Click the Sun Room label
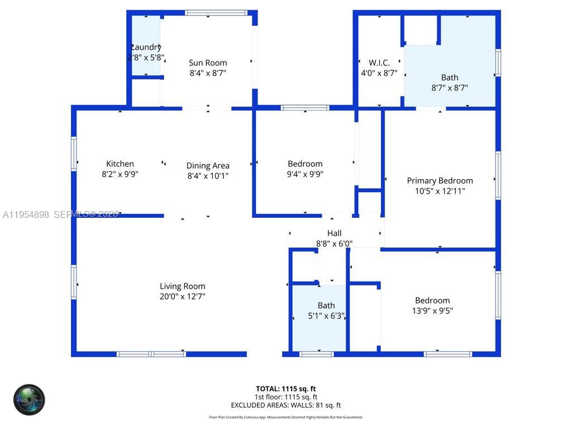(208, 63)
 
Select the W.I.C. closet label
(379, 63)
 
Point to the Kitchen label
(120, 164)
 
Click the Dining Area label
(208, 165)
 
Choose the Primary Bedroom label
(440, 180)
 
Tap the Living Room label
(183, 286)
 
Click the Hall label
(334, 233)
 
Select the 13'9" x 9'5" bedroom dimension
(432, 311)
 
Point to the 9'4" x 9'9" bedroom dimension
(305, 174)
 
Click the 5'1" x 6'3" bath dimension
(327, 316)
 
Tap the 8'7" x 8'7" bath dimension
(450, 88)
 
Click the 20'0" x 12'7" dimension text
(183, 297)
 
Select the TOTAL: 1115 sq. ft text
(286, 388)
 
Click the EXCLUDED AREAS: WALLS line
(286, 405)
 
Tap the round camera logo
(29, 399)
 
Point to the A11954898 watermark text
(26, 214)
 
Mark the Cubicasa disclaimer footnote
(286, 417)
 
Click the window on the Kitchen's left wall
(74, 154)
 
